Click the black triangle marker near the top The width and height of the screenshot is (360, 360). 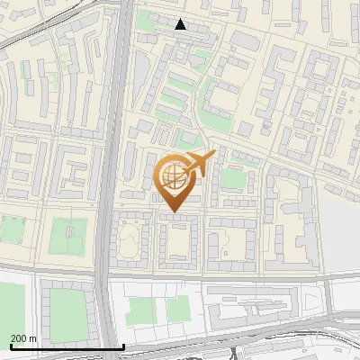pos(181,24)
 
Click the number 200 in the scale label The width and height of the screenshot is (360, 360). pos(19,338)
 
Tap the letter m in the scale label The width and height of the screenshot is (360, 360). pos(33,338)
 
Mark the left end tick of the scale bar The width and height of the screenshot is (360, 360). pos(10,346)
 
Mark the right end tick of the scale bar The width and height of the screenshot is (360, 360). pos(123,346)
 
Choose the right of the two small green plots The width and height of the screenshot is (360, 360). pos(176,310)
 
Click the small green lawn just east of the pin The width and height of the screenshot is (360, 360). pos(233,178)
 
